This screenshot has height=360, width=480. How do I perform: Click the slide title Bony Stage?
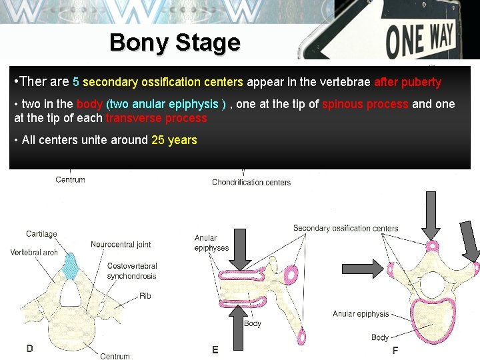point(175,43)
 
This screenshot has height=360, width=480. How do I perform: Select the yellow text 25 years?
point(174,140)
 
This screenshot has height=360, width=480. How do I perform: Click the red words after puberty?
point(407,82)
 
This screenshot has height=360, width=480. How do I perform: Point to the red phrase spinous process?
point(365,104)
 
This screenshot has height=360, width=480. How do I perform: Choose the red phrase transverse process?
point(156,118)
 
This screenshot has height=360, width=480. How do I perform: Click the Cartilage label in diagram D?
point(41,234)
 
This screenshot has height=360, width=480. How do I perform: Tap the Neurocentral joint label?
point(121,245)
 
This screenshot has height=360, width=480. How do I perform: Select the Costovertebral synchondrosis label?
point(131,271)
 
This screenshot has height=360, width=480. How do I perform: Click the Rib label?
point(145,296)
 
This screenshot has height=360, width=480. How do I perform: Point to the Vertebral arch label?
point(34,253)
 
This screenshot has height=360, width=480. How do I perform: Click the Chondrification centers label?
point(251,182)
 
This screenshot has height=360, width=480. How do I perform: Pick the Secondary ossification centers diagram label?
point(345,228)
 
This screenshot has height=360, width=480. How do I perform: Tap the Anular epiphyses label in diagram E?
point(211,243)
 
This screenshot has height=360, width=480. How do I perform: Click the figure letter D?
point(30,348)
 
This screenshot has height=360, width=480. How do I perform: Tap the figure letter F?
point(395,350)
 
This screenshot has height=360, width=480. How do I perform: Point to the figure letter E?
point(215,350)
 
